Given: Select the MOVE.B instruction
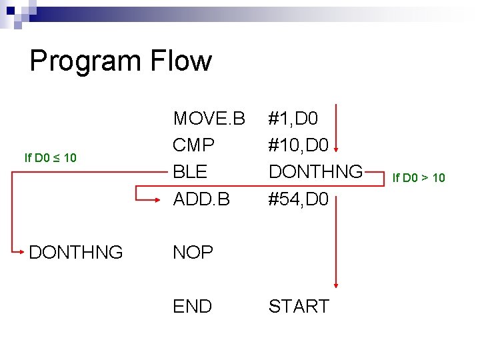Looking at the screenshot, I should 209,119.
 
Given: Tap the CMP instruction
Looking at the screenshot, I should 193,145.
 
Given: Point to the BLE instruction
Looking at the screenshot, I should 190,172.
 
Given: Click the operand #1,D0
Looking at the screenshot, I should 293,119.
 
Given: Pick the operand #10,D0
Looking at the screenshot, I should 298,145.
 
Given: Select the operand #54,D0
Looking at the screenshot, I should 298,199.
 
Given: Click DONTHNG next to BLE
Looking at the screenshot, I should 315,172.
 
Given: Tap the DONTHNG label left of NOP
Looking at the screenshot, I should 75,253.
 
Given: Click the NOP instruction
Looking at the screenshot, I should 193,253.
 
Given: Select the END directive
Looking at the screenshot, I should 192,306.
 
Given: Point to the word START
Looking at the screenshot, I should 299,306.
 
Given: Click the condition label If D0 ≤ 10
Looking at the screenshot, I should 50,158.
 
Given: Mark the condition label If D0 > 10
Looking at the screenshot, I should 418,177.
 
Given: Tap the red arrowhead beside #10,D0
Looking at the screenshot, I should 336,147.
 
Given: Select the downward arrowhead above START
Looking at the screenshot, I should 336,285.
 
